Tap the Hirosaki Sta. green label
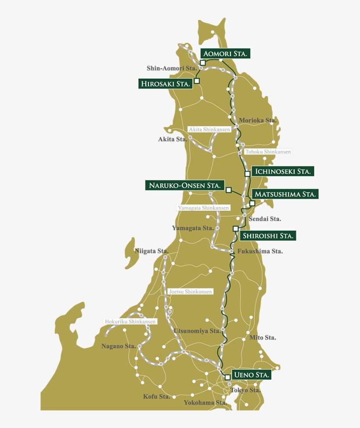tap(166, 83)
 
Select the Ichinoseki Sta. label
tap(283, 171)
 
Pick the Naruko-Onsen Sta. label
tap(185, 185)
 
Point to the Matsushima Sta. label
tap(285, 194)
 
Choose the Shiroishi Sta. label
tap(268, 236)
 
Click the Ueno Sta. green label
tap(251, 375)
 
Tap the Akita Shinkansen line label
tap(209, 130)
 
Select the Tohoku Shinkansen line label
tap(268, 152)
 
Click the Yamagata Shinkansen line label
tap(203, 207)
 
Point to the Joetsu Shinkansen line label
tap(190, 292)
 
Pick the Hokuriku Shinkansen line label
tap(130, 321)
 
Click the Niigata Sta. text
tap(152, 251)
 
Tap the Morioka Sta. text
tap(257, 121)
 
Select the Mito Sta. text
tap(263, 338)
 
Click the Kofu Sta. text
tap(157, 397)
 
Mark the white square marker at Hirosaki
tap(197, 81)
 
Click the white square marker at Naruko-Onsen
tap(228, 190)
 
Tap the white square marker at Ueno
tap(227, 377)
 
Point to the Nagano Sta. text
tap(119, 346)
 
